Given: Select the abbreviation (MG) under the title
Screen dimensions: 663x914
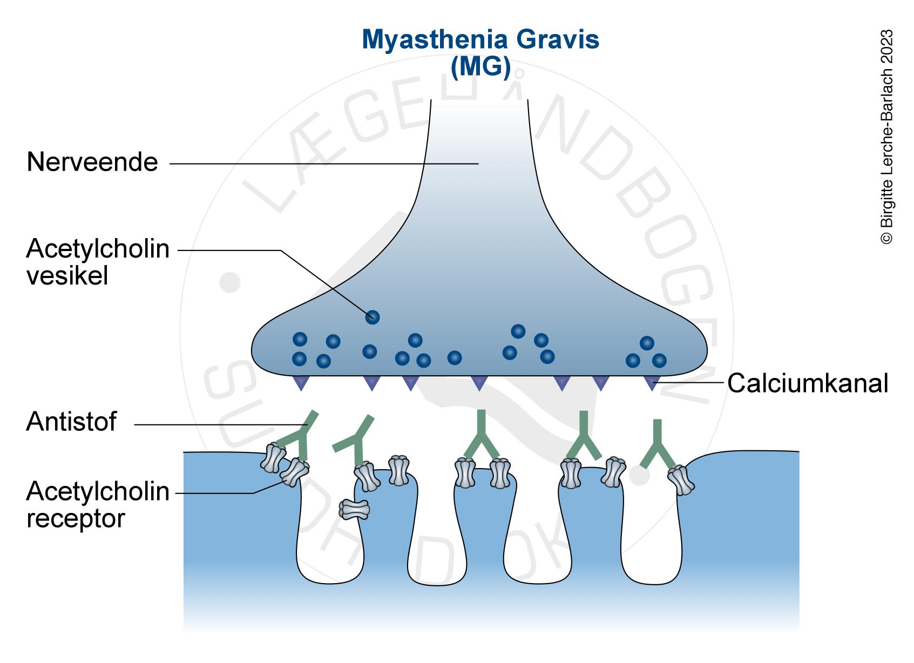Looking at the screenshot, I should pyautogui.click(x=480, y=66).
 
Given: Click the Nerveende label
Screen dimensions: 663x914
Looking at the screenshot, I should pyautogui.click(x=92, y=162).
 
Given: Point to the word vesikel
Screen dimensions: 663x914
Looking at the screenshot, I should pyautogui.click(x=67, y=276).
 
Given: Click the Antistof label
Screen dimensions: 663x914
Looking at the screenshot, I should pyautogui.click(x=71, y=422).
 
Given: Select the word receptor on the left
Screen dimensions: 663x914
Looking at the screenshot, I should pyautogui.click(x=76, y=519).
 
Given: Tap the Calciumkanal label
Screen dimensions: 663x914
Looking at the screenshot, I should pyautogui.click(x=807, y=383).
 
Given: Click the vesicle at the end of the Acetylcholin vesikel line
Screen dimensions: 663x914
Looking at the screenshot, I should pyautogui.click(x=372, y=317).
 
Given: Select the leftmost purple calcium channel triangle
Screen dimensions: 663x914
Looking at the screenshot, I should pyautogui.click(x=301, y=383).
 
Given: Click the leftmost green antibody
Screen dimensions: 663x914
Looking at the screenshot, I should pyautogui.click(x=300, y=435).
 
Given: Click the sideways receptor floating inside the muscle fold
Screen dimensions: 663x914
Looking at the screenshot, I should pyautogui.click(x=355, y=509).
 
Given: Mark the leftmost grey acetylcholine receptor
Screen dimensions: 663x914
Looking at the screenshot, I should pyautogui.click(x=273, y=457).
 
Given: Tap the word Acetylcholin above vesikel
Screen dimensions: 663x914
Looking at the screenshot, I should pyautogui.click(x=98, y=249).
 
